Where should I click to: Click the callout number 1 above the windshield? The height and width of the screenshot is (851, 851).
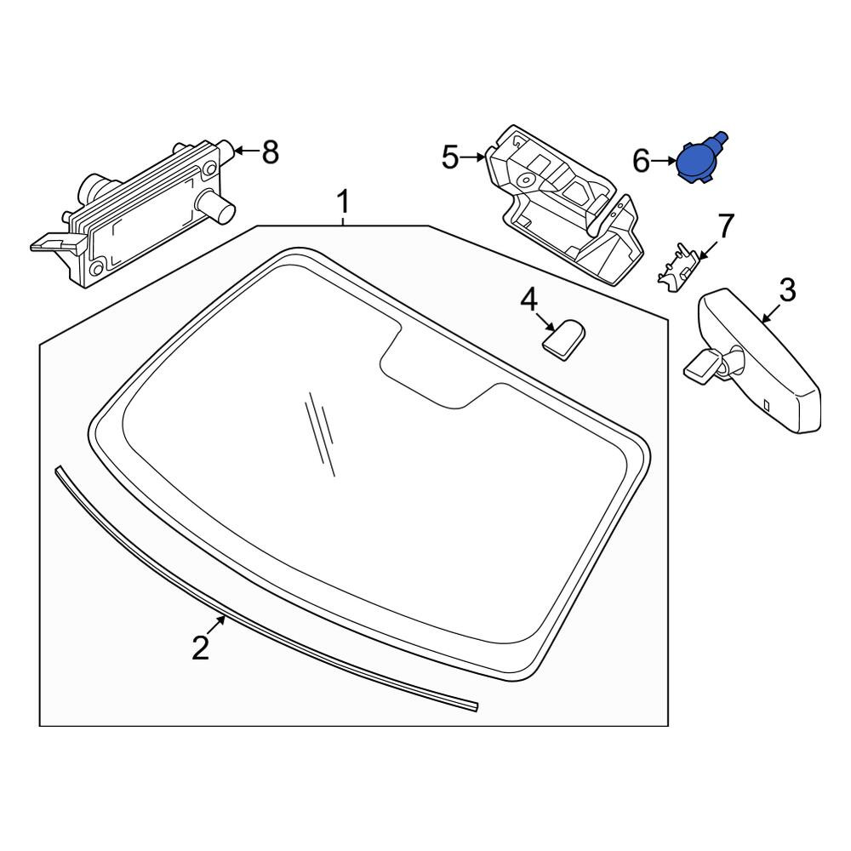[x=343, y=203]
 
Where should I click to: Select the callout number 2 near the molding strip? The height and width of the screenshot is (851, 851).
[x=201, y=648]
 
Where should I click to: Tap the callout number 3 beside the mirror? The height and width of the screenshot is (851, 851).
[x=787, y=290]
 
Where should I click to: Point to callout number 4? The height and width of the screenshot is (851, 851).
[x=528, y=300]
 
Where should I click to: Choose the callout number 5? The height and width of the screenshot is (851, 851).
[x=450, y=157]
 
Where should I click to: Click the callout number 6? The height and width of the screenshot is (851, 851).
[x=641, y=161]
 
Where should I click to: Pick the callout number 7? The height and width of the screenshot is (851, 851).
[x=726, y=226]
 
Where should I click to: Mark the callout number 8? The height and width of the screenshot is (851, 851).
[x=271, y=152]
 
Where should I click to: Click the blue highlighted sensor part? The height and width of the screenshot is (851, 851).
[x=700, y=158]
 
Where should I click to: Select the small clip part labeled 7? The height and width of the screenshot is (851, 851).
[x=677, y=267]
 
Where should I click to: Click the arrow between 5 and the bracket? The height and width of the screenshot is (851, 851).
[x=472, y=157]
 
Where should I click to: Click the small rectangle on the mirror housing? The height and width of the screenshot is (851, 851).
[x=767, y=405]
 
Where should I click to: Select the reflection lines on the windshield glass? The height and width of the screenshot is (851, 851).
[x=320, y=434]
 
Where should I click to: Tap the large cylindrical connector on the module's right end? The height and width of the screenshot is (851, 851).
[x=215, y=206]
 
